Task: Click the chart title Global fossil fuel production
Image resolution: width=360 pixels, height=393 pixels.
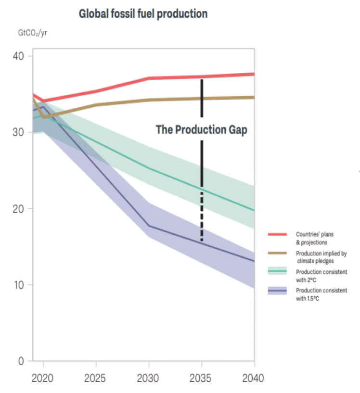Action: pyautogui.click(x=143, y=14)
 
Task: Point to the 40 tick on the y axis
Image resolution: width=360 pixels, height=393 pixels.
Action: pyautogui.click(x=18, y=56)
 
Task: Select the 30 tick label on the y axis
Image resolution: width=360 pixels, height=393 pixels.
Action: pyautogui.click(x=18, y=132)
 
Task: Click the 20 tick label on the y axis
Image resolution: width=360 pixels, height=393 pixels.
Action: pyautogui.click(x=18, y=209)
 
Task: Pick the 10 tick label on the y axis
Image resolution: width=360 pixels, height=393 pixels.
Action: pyautogui.click(x=18, y=285)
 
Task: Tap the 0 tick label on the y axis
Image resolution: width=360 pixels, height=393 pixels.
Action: pyautogui.click(x=21, y=361)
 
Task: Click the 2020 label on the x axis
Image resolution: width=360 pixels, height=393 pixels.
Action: pyautogui.click(x=44, y=379)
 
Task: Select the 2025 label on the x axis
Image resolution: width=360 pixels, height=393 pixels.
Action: pyautogui.click(x=96, y=379)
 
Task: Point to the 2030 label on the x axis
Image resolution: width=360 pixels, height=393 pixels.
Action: pyautogui.click(x=149, y=379)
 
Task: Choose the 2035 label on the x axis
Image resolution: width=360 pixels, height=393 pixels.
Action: pyautogui.click(x=202, y=379)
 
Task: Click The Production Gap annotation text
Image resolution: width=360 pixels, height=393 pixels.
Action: pyautogui.click(x=201, y=130)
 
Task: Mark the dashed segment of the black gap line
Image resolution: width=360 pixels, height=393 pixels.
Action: pyautogui.click(x=202, y=216)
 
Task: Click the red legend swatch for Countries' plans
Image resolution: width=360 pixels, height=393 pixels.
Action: pyautogui.click(x=277, y=235)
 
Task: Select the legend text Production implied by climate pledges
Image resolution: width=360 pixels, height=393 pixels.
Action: pyautogui.click(x=321, y=256)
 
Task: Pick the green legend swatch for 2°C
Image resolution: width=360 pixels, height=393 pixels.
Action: pyautogui.click(x=277, y=272)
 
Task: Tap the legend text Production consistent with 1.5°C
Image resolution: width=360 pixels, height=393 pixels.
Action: pyautogui.click(x=321, y=294)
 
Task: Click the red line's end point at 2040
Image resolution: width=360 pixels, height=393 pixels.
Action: pyautogui.click(x=254, y=74)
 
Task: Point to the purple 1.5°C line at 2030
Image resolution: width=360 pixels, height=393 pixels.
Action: pyautogui.click(x=149, y=226)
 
